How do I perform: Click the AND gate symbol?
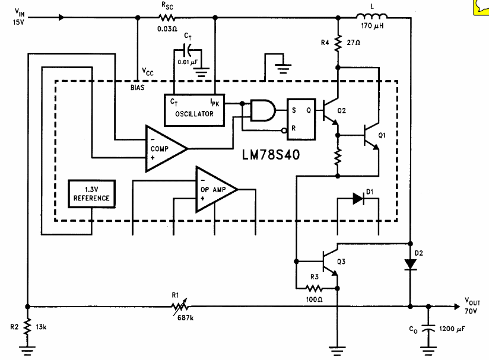tap(263, 110)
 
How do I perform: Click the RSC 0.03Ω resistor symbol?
tap(167, 17)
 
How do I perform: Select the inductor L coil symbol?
tap(371, 16)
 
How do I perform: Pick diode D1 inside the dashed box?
tap(358, 199)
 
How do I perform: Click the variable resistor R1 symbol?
tap(180, 307)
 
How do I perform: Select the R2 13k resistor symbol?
tap(27, 326)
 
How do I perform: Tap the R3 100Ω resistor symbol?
tap(314, 288)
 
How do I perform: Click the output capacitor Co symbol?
tap(428, 329)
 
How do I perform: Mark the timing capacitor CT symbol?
tap(188, 50)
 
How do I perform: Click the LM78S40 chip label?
tap(271, 155)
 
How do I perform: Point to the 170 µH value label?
tap(372, 26)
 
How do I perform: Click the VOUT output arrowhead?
tap(457, 307)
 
